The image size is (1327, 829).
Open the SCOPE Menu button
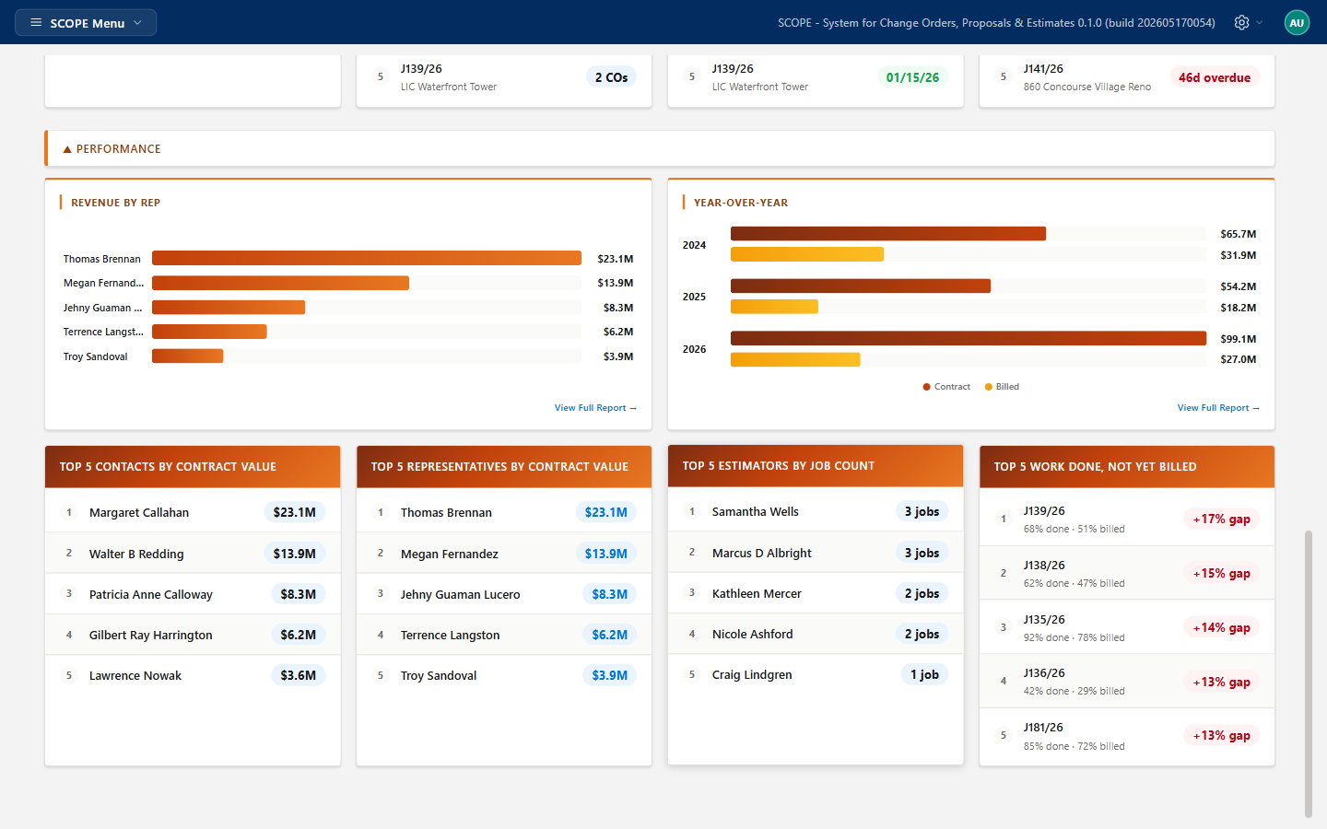point(86,22)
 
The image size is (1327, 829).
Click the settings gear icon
point(1241,22)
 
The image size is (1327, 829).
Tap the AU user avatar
point(1297,22)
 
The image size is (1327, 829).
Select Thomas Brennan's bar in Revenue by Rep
point(366,258)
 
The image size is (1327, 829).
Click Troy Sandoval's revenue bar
point(187,356)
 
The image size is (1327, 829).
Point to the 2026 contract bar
point(968,338)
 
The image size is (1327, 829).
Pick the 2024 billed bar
point(807,254)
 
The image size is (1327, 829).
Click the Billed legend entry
point(1002,387)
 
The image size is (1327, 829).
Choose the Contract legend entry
point(946,387)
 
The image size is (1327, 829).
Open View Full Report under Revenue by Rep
point(595,407)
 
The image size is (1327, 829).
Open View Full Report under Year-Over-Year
point(1218,407)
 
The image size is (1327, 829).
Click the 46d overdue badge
point(1214,77)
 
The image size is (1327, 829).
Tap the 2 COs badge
point(611,77)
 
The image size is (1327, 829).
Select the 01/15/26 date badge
point(912,77)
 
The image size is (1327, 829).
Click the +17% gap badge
point(1221,520)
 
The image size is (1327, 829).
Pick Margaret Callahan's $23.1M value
point(295,512)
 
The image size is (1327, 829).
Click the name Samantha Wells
point(756,511)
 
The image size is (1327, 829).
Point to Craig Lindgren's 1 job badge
point(924,674)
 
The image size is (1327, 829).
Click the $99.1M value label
point(1239,339)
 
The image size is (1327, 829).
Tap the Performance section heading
point(118,148)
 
